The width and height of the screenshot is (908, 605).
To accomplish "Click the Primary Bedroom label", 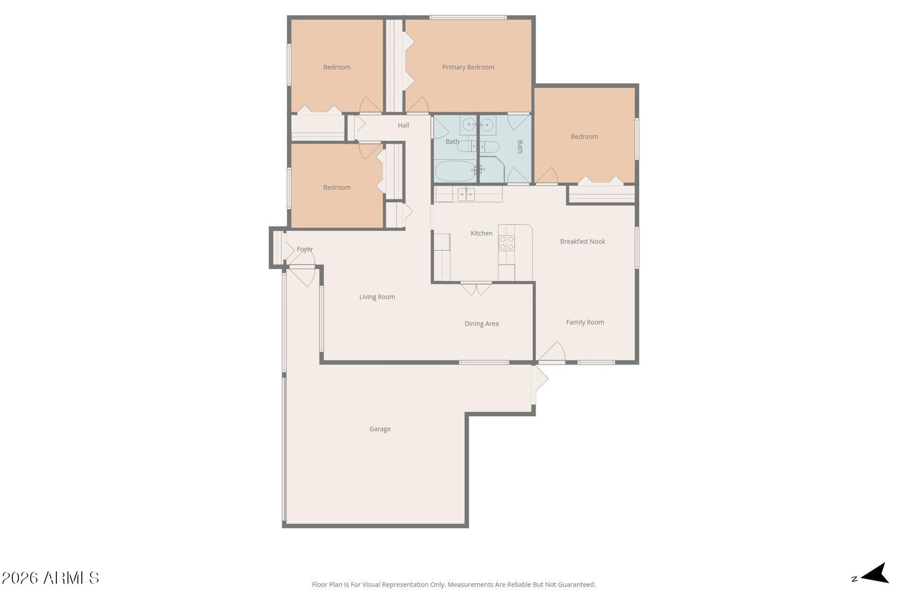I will click(468, 67).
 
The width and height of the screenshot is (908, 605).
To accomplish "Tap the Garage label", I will click(380, 429).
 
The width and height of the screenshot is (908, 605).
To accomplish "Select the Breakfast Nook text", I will click(582, 241).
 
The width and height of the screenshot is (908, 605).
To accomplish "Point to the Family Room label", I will click(585, 322).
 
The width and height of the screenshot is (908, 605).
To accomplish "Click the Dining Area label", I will click(481, 324).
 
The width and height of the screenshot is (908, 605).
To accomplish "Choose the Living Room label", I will click(377, 297).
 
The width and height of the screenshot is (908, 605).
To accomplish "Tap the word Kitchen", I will click(481, 233).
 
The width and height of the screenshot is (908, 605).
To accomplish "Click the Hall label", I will click(403, 125).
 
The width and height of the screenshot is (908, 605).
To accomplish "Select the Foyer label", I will click(305, 249).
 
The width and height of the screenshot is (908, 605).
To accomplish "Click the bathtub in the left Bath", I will click(454, 171).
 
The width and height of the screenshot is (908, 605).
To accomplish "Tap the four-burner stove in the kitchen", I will click(507, 243).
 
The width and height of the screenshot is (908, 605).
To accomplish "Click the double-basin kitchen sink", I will click(466, 194).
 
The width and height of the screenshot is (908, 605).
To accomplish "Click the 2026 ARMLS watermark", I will click(50, 578).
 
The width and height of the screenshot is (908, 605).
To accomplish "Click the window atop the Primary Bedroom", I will click(468, 18).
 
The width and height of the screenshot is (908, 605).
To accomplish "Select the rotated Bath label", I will click(520, 147).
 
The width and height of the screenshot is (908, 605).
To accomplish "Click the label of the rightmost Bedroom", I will click(584, 137).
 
